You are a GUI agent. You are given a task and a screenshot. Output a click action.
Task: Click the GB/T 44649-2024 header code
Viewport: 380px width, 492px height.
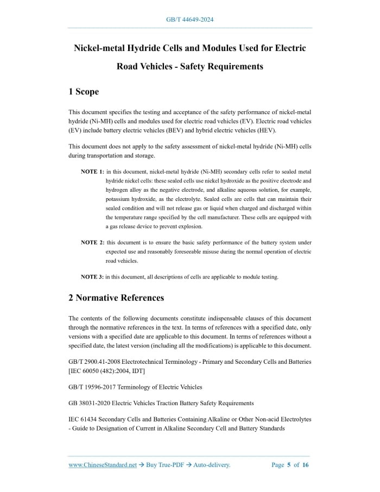tap(189, 20)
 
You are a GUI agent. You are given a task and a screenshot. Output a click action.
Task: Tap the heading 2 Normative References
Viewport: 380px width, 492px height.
tap(116, 298)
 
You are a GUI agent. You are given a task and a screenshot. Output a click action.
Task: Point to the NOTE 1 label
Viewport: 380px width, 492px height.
tap(92, 171)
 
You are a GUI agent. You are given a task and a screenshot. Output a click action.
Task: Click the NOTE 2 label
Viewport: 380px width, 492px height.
tap(92, 242)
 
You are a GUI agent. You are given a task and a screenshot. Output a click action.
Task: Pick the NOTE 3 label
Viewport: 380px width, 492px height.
tap(92, 276)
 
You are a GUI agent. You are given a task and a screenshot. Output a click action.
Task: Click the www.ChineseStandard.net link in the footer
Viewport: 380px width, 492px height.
tap(103, 465)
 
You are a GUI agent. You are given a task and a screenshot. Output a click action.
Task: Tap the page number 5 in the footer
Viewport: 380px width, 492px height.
tap(289, 465)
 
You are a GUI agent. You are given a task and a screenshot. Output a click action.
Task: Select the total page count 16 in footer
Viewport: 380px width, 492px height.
tap(306, 465)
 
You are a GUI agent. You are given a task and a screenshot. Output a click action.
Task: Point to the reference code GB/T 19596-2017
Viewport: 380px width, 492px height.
tap(93, 387)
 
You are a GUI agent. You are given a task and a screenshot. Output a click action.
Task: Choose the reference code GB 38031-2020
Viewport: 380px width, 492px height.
tap(89, 403)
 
